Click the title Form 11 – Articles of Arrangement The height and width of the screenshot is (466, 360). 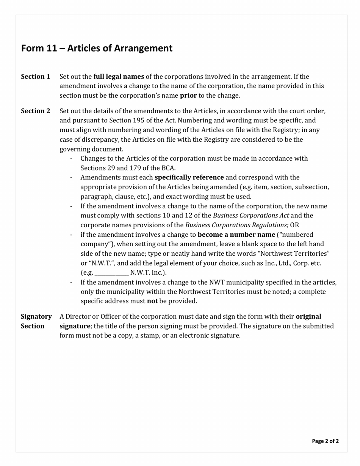pyautogui.click(x=97, y=48)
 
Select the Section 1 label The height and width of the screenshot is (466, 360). pyautogui.click(x=35, y=77)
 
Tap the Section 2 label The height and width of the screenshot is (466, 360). pyautogui.click(x=35, y=111)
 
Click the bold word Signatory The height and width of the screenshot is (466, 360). pyautogui.click(x=36, y=316)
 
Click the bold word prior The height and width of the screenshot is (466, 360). pyautogui.click(x=188, y=95)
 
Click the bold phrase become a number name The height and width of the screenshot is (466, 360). pyautogui.click(x=236, y=235)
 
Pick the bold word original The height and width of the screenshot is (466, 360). pyautogui.click(x=308, y=316)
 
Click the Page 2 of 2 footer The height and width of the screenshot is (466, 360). pyautogui.click(x=325, y=441)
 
